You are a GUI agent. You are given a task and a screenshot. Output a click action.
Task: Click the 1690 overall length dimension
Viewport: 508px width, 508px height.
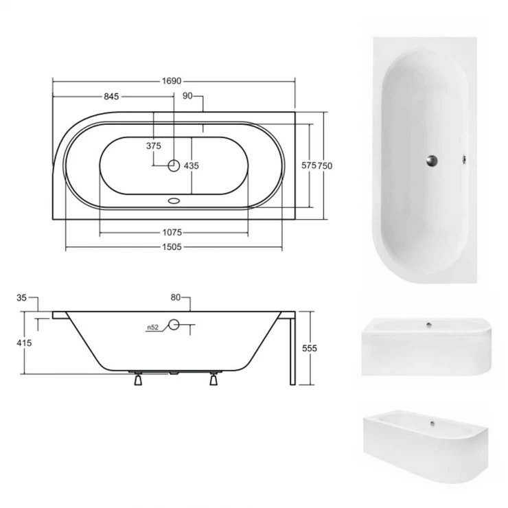(172, 81)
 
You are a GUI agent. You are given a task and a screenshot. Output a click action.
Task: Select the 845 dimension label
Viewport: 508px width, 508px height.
(111, 97)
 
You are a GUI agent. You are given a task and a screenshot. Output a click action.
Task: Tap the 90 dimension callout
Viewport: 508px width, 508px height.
(187, 96)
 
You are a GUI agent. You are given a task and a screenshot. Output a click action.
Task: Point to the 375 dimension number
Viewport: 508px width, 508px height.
(154, 146)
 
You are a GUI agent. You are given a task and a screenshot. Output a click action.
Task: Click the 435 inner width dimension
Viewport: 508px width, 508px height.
(191, 166)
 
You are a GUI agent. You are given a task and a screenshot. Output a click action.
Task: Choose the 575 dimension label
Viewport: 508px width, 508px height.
(309, 165)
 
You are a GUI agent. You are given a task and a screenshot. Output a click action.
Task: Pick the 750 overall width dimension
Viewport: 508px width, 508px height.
(325, 166)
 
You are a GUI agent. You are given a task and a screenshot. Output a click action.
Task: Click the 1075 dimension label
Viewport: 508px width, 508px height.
(172, 232)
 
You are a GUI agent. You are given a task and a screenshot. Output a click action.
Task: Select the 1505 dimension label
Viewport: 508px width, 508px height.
(172, 247)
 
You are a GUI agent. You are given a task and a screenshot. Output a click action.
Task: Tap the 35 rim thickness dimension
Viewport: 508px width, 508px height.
(21, 297)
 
